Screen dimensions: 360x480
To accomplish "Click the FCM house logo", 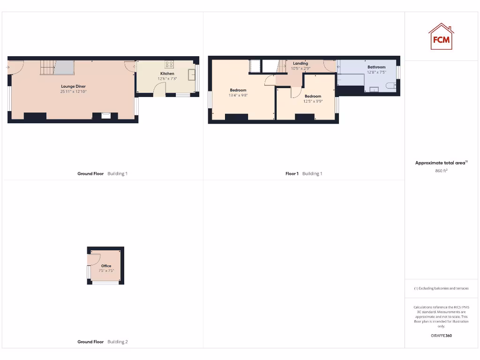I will pyautogui.click(x=441, y=37).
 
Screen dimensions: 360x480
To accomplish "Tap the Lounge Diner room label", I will pyautogui.click(x=73, y=86).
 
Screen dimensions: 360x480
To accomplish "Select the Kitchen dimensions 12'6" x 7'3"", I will pyautogui.click(x=167, y=79).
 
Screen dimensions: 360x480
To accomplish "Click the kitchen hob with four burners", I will pyautogui.click(x=169, y=65).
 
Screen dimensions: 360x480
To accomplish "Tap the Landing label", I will pyautogui.click(x=300, y=63).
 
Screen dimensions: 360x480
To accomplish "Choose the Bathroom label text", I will pyautogui.click(x=376, y=67).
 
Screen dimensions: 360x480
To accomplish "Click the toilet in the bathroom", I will pyautogui.click(x=390, y=86).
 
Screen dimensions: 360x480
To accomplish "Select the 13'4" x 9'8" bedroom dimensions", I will pyautogui.click(x=238, y=95).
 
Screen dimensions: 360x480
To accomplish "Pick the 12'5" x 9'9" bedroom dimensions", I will pyautogui.click(x=313, y=101).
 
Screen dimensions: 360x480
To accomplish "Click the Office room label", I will pyautogui.click(x=106, y=266).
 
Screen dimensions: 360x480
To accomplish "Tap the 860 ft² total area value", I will pyautogui.click(x=441, y=171).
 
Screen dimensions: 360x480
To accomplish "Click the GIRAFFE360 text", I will pyautogui.click(x=441, y=336).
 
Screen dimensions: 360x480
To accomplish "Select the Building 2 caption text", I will pyautogui.click(x=117, y=342).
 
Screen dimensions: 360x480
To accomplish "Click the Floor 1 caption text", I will pyautogui.click(x=292, y=173).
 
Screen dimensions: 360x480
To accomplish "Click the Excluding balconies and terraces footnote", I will pyautogui.click(x=441, y=288).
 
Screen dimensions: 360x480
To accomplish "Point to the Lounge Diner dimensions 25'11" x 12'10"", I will pyautogui.click(x=73, y=91).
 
